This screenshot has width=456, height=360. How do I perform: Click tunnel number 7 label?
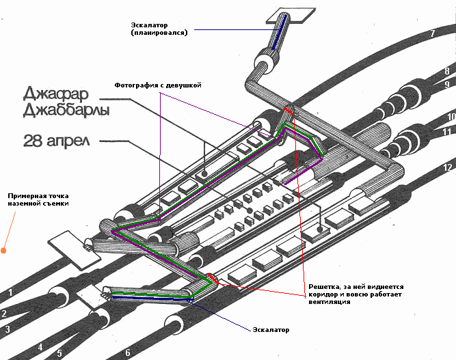click(x=432, y=33)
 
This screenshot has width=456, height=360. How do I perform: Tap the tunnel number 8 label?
click(x=446, y=71)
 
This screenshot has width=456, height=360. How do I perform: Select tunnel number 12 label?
click(x=448, y=167)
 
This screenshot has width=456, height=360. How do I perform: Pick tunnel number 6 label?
click(x=127, y=353)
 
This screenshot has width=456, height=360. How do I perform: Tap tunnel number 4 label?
click(x=40, y=348)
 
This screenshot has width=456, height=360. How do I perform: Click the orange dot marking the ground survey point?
click(x=5, y=250)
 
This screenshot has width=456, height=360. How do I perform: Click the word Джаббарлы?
click(x=66, y=110)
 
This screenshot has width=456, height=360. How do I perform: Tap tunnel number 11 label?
click(x=447, y=132)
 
